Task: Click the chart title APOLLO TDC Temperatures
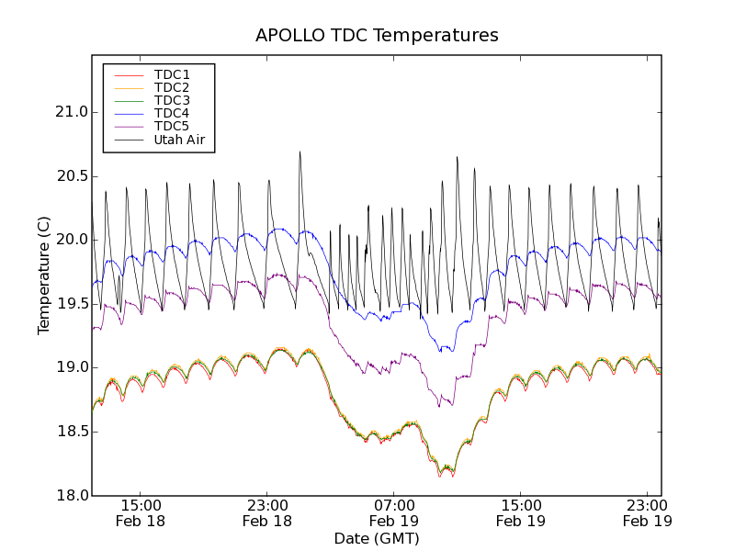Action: click(377, 36)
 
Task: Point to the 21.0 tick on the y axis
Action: click(71, 112)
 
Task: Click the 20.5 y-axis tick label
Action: click(71, 176)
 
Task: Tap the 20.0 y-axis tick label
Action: click(71, 240)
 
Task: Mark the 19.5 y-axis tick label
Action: click(71, 304)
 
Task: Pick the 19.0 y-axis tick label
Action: click(71, 367)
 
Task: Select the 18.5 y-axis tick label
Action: click(71, 432)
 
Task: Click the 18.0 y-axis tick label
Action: click(71, 496)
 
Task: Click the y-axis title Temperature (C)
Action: click(44, 275)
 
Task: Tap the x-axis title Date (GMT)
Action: click(377, 539)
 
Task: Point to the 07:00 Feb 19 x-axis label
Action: click(394, 512)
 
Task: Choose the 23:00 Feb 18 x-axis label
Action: click(267, 512)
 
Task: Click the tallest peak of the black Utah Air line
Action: click(300, 152)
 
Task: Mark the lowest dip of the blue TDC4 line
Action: click(441, 351)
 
